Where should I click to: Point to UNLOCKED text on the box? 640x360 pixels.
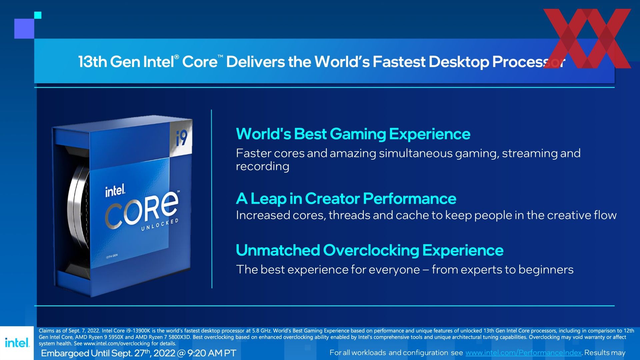(x=160, y=225)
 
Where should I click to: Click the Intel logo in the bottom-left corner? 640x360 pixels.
(x=17, y=342)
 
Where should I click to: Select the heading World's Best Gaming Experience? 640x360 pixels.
(x=353, y=134)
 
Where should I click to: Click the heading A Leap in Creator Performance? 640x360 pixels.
(x=346, y=199)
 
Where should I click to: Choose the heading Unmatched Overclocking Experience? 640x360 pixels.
(x=370, y=250)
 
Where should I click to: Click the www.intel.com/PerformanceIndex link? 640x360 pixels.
(x=523, y=353)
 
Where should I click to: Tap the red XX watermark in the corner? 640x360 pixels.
(x=587, y=38)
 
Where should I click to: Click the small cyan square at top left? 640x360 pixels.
(x=38, y=15)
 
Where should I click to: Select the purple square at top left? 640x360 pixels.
(x=24, y=29)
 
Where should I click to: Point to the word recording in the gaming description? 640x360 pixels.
(x=263, y=166)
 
